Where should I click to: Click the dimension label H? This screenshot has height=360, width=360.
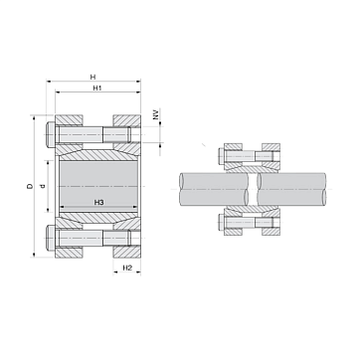pyautogui.click(x=93, y=78)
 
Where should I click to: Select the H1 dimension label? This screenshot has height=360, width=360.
pyautogui.click(x=96, y=89)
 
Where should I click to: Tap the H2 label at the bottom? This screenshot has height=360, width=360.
pyautogui.click(x=127, y=268)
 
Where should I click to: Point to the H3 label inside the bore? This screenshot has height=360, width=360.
pyautogui.click(x=98, y=202)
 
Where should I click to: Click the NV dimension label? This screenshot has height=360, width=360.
pyautogui.click(x=155, y=114)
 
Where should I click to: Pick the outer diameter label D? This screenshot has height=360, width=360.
pyautogui.click(x=30, y=186)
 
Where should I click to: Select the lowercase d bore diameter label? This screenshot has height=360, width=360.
pyautogui.click(x=42, y=187)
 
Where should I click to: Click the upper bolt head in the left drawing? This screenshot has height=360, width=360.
pyautogui.click(x=50, y=134)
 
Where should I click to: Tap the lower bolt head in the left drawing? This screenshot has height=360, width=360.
pyautogui.click(x=50, y=238)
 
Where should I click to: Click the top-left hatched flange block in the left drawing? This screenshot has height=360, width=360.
pyautogui.click(x=69, y=120)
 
